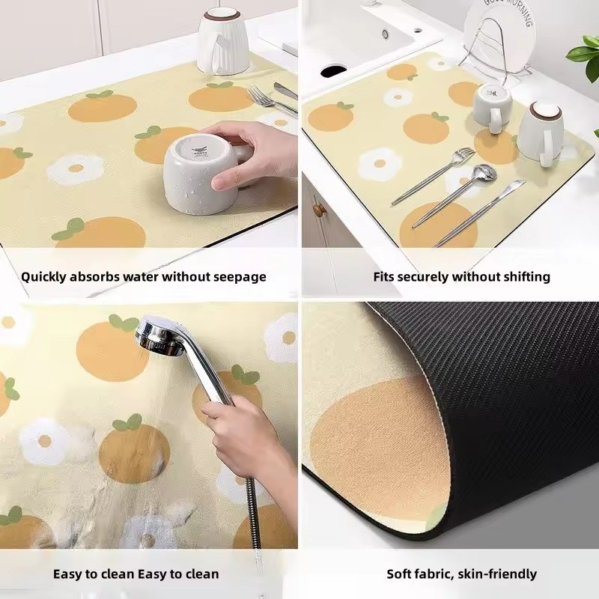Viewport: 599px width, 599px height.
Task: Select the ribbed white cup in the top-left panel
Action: coord(223,41)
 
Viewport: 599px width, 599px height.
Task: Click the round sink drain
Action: coord(386,34)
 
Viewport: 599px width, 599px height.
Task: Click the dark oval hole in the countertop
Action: coord(333,71)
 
